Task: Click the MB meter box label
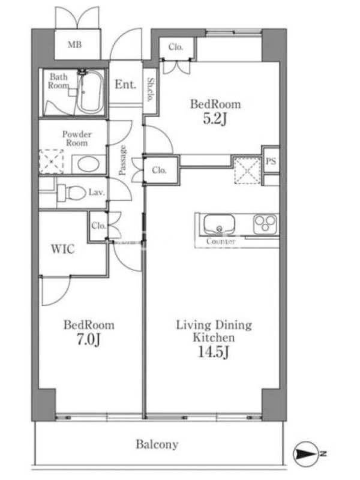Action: click(74, 44)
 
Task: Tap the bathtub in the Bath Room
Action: click(89, 92)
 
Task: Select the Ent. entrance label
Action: click(125, 84)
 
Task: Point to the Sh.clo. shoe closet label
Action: click(151, 89)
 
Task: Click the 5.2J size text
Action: click(215, 119)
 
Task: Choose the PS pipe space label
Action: click(271, 161)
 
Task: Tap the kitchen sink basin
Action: click(219, 224)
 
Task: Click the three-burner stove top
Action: click(265, 224)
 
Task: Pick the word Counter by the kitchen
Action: click(221, 241)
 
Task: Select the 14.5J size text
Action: click(214, 352)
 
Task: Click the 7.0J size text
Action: click(88, 339)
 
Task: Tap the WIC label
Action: click(63, 249)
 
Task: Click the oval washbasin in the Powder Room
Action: click(88, 164)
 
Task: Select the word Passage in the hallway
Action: click(122, 160)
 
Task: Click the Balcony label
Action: click(157, 444)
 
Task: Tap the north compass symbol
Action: click(306, 454)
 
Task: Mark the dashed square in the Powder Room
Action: click(52, 161)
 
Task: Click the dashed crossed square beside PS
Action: click(247, 170)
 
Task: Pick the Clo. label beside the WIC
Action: click(98, 226)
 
